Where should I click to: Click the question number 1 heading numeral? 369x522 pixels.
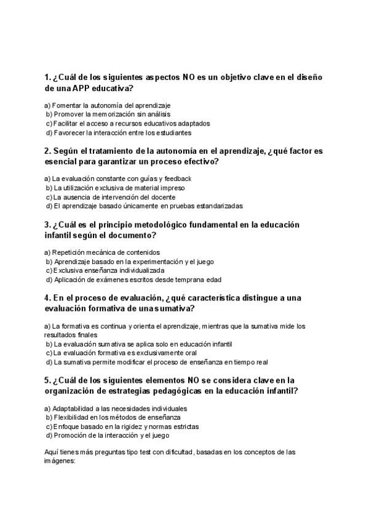pos(47,78)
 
